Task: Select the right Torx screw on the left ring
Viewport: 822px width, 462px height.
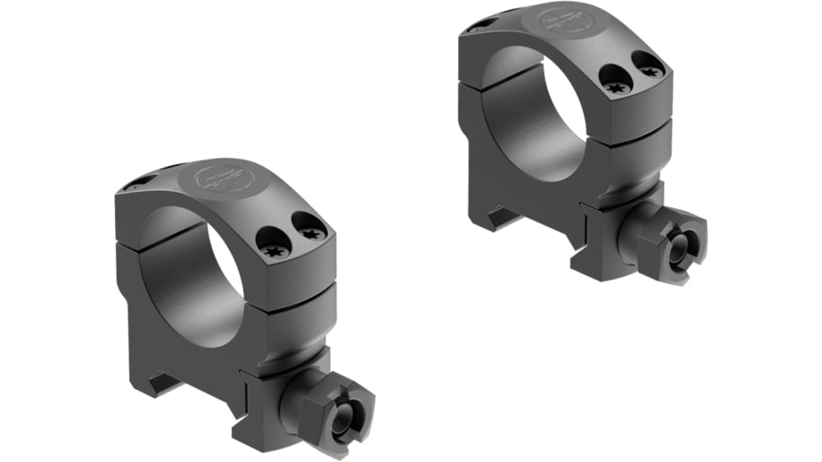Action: coord(313,232)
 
